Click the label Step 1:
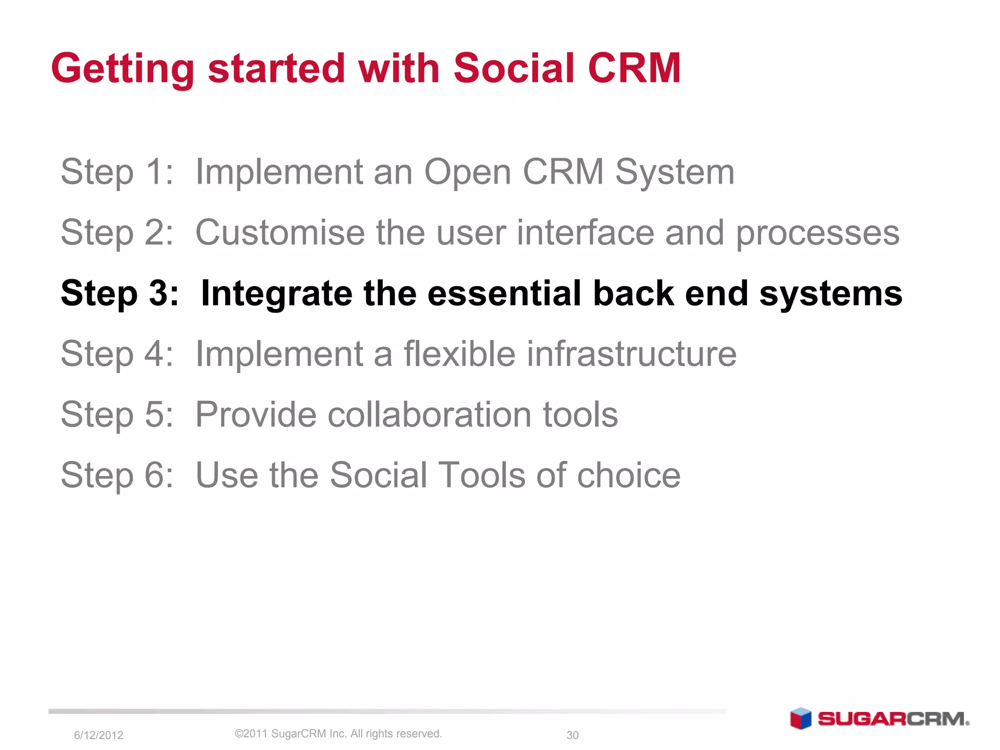[117, 173]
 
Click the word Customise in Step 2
[280, 232]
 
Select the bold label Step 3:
[120, 294]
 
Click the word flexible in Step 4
[459, 354]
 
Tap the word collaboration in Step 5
[429, 415]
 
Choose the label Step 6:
[117, 476]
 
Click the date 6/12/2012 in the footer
[98, 735]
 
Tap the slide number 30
[572, 735]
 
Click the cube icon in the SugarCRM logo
[800, 718]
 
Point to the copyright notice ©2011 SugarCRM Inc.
[338, 733]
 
